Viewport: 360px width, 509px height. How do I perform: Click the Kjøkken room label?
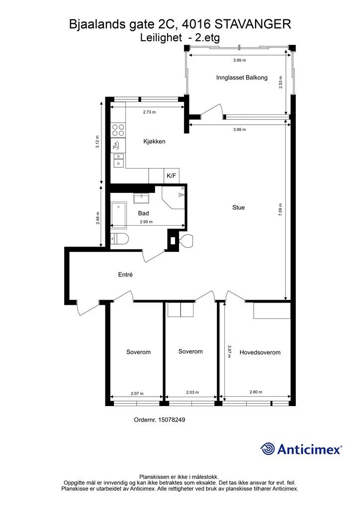click(x=155, y=142)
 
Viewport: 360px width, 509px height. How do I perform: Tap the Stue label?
click(x=239, y=207)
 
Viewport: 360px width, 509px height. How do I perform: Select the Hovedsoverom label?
click(x=260, y=352)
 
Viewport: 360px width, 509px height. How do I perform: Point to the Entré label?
click(x=125, y=274)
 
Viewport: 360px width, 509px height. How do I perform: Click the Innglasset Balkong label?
click(x=242, y=78)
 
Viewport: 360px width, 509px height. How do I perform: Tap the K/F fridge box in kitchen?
click(x=172, y=176)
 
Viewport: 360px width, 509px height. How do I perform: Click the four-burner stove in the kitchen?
click(x=118, y=130)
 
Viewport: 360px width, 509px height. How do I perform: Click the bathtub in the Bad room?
click(x=119, y=214)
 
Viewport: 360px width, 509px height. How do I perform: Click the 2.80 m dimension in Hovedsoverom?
click(x=256, y=392)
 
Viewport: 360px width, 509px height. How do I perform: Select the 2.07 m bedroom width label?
click(x=137, y=394)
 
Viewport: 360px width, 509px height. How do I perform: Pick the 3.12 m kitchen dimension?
click(x=97, y=142)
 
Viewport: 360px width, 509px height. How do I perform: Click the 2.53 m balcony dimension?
click(x=280, y=83)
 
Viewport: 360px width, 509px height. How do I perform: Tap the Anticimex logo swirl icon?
click(x=267, y=449)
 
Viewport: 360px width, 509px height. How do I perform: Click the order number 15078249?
click(x=172, y=420)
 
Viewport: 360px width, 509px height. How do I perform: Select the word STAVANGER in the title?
click(x=253, y=24)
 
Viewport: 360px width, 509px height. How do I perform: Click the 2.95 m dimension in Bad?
click(x=146, y=222)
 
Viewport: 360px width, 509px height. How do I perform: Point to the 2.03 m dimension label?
click(x=192, y=392)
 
